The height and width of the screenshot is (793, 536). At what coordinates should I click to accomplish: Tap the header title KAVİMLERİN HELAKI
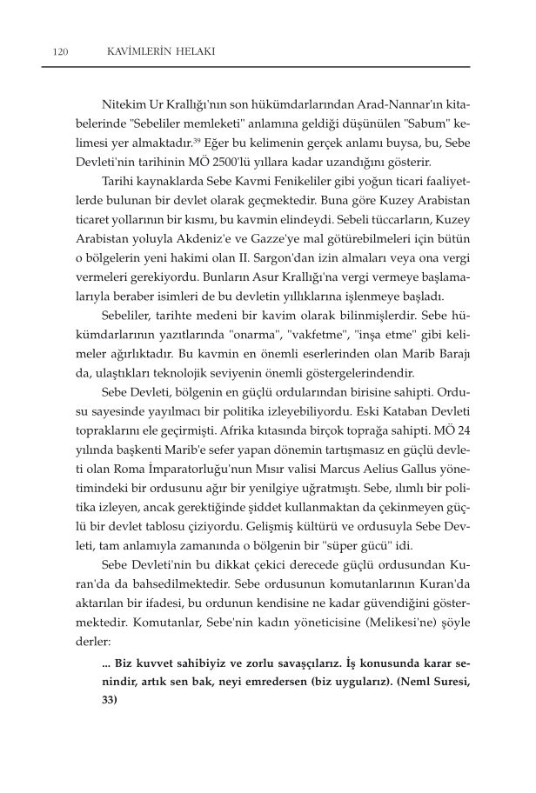pyautogui.click(x=153, y=52)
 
